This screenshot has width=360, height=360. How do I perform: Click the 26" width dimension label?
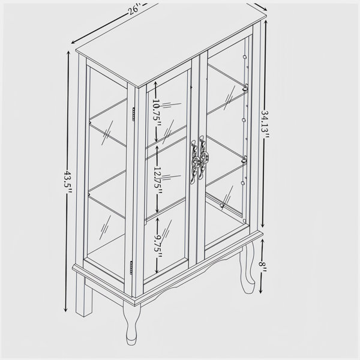[x=133, y=10]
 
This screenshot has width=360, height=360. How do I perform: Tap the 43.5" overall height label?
[x=68, y=181]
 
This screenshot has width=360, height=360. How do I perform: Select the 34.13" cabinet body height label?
[x=265, y=124]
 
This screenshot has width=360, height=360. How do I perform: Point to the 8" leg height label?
[x=262, y=267]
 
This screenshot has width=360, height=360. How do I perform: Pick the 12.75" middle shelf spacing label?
[x=157, y=179]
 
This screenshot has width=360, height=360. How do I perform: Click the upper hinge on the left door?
[x=134, y=115]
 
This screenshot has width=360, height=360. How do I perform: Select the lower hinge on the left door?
[x=131, y=268]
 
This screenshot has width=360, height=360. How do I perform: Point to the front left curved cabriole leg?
[x=131, y=322]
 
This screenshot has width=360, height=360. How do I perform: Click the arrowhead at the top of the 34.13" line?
[x=266, y=23]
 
